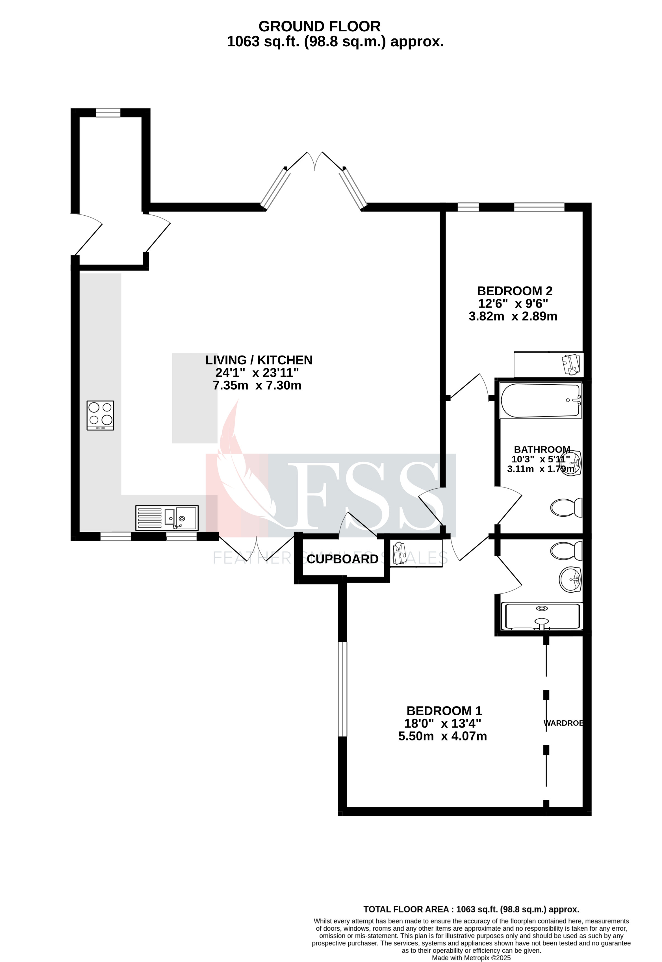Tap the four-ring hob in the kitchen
tap(100, 415)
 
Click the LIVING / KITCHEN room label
tap(259, 360)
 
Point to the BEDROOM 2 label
tap(514, 291)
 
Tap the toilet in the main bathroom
tap(566, 507)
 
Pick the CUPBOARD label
tap(343, 559)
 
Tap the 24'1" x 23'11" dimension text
tap(257, 372)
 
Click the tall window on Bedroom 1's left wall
tap(343, 689)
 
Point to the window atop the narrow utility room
tap(108, 112)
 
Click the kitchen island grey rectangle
tap(195, 398)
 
